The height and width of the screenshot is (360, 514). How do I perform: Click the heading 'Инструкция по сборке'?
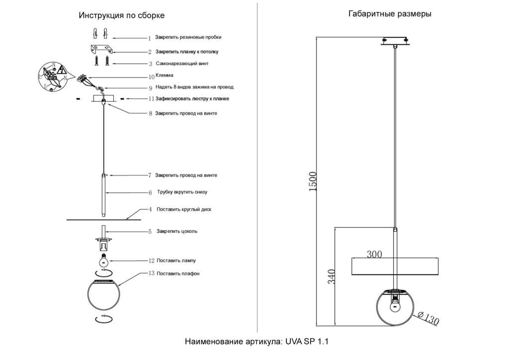tap(121, 15)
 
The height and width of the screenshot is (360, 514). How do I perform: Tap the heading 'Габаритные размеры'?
tap(390, 14)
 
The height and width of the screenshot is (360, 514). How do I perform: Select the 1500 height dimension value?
tap(313, 181)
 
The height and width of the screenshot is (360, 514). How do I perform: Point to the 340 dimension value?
tap(332, 276)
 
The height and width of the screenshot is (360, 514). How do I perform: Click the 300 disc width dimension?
tap(374, 254)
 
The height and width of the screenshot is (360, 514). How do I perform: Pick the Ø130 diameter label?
tap(428, 318)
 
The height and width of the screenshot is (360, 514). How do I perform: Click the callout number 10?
tap(152, 77)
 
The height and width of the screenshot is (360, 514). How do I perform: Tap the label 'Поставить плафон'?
tap(178, 273)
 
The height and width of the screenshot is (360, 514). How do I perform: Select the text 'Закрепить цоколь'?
tap(176, 231)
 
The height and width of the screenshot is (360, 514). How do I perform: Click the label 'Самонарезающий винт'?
tap(182, 64)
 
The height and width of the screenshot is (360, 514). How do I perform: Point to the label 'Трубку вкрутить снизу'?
tap(181, 192)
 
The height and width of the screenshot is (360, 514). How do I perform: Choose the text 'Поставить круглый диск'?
tap(183, 209)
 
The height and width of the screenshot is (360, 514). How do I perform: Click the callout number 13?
tap(152, 273)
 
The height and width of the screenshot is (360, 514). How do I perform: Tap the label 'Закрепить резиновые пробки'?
tap(188, 37)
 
